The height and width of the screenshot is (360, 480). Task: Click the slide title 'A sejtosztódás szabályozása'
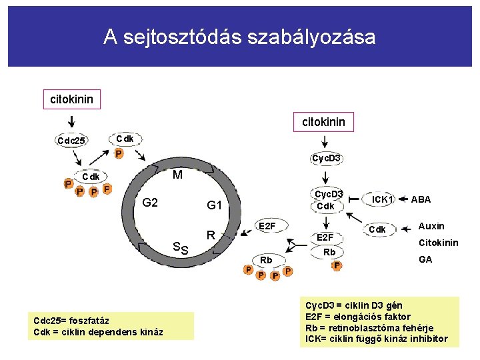(239, 37)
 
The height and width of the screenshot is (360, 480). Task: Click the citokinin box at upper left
(71, 100)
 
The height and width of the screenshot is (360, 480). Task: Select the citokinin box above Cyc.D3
(325, 122)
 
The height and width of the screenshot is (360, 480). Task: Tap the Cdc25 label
(71, 141)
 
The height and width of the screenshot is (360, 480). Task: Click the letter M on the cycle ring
(177, 176)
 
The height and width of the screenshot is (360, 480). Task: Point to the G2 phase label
(150, 202)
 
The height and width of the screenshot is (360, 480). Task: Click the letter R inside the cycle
(211, 235)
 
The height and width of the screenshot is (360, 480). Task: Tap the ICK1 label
(383, 199)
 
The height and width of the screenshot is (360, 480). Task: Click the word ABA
(421, 199)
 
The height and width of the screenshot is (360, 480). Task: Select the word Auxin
(431, 226)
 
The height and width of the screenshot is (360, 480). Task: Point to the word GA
(425, 259)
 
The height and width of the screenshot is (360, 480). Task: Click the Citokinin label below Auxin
(438, 243)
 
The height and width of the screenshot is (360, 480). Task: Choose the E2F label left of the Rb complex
(267, 227)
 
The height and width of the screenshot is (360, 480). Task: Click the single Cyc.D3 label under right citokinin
(327, 158)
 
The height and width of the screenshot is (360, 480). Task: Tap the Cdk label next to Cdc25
(125, 139)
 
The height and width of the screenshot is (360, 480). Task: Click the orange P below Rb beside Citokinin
(337, 265)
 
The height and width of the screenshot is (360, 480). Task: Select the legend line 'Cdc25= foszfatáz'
(71, 321)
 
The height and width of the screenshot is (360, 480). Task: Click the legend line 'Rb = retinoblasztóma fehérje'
(369, 328)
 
